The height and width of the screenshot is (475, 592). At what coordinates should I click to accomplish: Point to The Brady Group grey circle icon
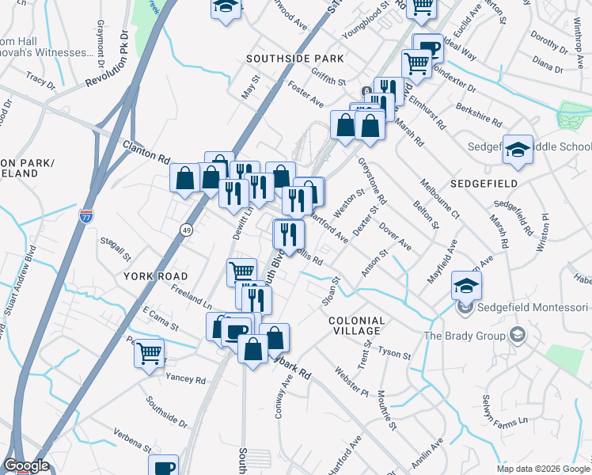(518, 335)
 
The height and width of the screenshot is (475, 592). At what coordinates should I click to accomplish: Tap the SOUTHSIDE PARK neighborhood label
(294, 59)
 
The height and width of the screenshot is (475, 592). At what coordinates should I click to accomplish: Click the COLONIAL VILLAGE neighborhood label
(356, 327)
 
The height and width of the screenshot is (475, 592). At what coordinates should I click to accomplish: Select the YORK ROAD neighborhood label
(156, 276)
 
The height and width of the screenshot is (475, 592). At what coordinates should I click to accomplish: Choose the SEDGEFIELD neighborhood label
(484, 183)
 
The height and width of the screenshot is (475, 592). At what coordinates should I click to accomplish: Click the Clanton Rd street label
(146, 147)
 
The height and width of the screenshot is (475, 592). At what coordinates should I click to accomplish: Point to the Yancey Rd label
(185, 378)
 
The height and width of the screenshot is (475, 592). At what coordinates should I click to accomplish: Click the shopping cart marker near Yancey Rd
(149, 353)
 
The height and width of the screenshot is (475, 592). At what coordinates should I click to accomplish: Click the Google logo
(26, 465)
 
